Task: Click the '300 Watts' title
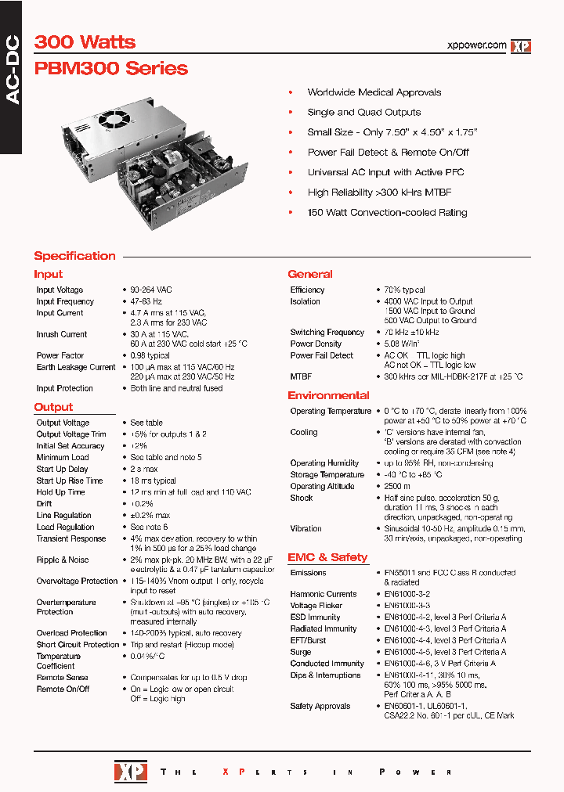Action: [85, 42]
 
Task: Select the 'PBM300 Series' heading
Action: [110, 68]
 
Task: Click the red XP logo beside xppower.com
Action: [521, 46]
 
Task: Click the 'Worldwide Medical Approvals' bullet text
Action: [374, 92]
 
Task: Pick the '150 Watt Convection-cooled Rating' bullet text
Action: [387, 212]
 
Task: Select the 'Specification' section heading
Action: [74, 256]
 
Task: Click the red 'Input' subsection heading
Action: [48, 275]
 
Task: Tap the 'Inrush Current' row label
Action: [62, 334]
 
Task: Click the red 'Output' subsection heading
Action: [53, 407]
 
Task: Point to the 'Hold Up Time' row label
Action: [60, 492]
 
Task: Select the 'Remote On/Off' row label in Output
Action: [63, 689]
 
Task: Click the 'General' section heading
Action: [310, 275]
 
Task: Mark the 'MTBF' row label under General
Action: [301, 376]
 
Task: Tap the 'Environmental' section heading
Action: [328, 395]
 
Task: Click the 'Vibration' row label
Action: [305, 528]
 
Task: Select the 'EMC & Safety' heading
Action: [327, 557]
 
